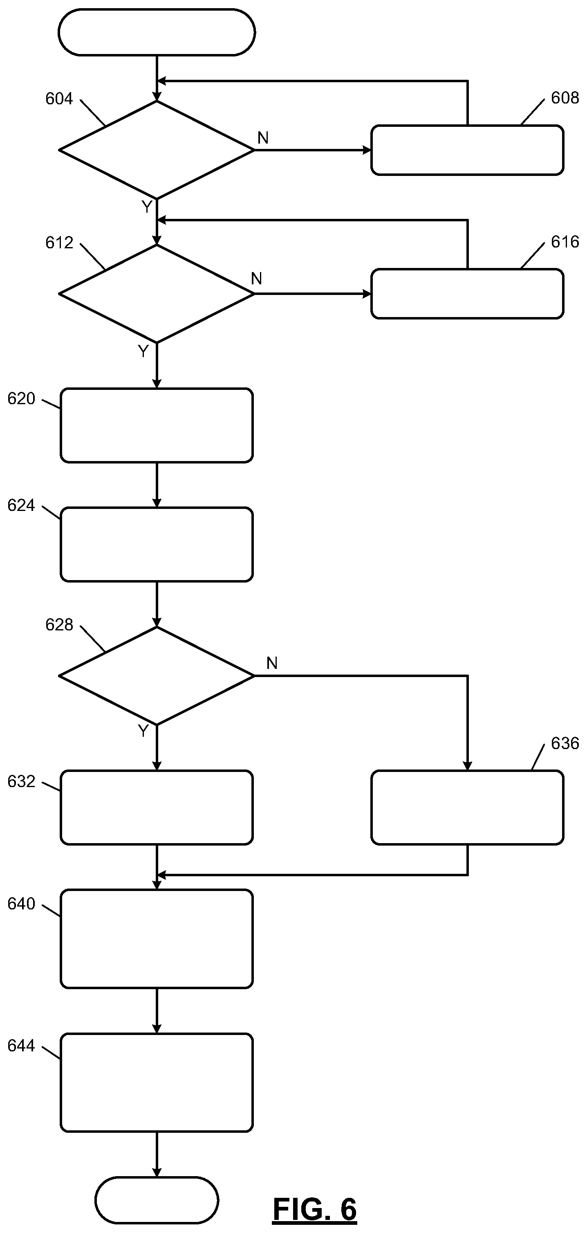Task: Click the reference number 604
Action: (59, 99)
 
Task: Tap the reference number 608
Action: (565, 98)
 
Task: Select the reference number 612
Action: (59, 243)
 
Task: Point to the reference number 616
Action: (565, 242)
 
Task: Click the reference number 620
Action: (21, 399)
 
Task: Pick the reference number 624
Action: (21, 506)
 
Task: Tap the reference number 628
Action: (59, 625)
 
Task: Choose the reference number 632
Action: (21, 782)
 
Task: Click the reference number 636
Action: (565, 743)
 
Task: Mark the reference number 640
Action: (21, 904)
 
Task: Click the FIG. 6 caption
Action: (315, 1210)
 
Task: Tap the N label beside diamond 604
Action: (263, 138)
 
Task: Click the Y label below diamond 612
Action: (143, 351)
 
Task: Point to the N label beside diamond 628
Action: (272, 663)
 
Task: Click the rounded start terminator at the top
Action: (157, 32)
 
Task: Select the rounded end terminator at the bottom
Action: (157, 1199)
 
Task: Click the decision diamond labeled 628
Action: (157, 676)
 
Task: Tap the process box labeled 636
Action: (467, 808)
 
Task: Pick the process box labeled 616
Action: (467, 294)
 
